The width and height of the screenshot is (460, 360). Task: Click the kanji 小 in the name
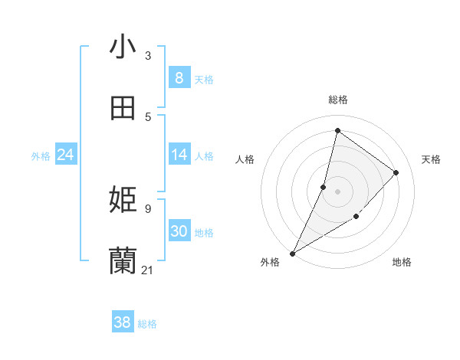123,47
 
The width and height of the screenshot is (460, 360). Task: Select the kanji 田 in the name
123,108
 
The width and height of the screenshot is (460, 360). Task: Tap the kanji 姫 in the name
123,201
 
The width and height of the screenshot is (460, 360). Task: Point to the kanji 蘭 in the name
123,260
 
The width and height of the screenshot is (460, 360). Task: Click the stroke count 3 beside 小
148,56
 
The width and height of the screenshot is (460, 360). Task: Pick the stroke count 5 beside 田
148,116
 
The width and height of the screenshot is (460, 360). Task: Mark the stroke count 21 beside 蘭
148,270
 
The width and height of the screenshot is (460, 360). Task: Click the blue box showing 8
179,78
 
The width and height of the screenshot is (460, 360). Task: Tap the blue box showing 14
179,155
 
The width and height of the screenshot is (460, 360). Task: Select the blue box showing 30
179,231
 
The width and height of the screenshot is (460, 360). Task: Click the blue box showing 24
65,155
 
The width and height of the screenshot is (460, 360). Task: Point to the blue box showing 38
122,322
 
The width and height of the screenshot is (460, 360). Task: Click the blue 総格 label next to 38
147,324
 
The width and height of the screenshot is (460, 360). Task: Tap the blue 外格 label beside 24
41,156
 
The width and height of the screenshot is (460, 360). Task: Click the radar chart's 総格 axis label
337,100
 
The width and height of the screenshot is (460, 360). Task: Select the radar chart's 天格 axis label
431,159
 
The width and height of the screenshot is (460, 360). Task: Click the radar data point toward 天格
396,172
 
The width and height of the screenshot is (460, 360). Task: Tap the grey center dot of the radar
337,191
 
